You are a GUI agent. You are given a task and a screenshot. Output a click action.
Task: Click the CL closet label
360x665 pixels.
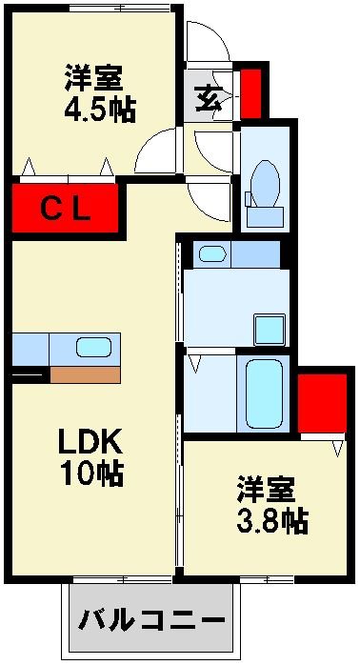(x=66, y=210)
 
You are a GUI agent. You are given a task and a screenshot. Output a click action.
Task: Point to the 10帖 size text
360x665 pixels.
(x=91, y=473)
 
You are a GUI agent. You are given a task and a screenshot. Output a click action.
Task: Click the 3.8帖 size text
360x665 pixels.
(x=271, y=521)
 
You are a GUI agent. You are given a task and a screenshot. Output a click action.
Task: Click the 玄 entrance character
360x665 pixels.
(x=209, y=97)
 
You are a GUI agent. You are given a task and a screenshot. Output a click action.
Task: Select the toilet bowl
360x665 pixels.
(x=265, y=184)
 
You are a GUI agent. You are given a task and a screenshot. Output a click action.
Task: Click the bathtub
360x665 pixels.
(x=264, y=394)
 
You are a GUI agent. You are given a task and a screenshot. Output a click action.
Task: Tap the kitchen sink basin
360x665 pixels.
(x=93, y=348)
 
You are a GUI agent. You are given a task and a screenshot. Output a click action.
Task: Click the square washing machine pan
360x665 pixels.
(x=270, y=330)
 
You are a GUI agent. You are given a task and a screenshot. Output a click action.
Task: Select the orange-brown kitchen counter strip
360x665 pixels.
(x=85, y=374)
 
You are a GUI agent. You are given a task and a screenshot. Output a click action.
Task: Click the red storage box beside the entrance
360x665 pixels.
(x=250, y=93)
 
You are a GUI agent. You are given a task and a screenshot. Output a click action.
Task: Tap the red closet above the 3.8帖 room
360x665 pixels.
(x=322, y=403)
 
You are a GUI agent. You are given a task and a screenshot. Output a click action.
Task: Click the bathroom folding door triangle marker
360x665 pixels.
(x=195, y=364)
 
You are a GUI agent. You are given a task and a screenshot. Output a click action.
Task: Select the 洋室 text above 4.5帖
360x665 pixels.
(x=94, y=78)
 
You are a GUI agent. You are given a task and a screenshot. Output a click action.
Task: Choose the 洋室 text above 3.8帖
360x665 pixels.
(x=266, y=490)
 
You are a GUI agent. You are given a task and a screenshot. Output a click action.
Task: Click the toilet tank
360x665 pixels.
(x=265, y=216)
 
